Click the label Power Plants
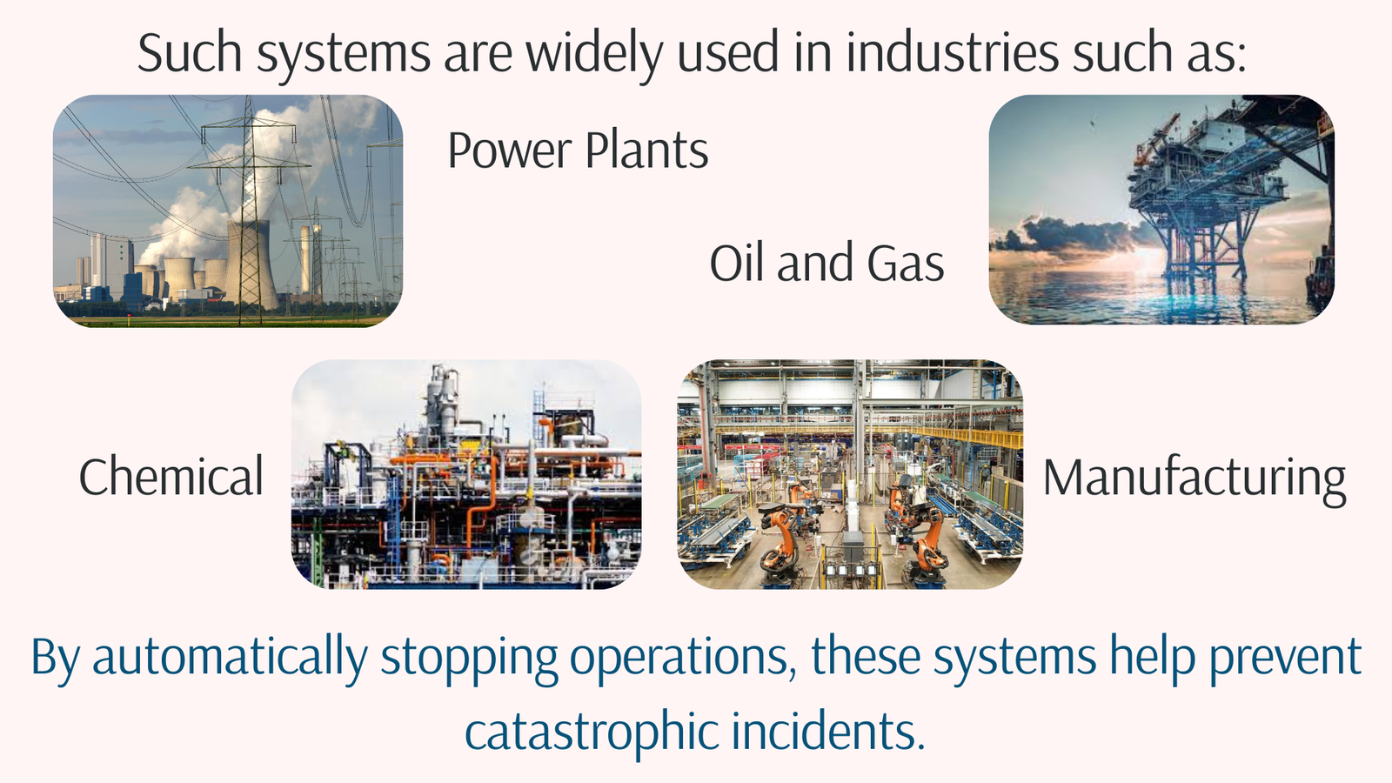click(578, 151)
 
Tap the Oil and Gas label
click(826, 264)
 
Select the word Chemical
click(171, 477)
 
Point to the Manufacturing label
click(1194, 478)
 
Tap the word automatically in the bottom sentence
click(230, 658)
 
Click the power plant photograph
click(228, 211)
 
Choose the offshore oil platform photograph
click(1161, 210)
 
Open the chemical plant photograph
click(466, 474)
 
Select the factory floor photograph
click(850, 474)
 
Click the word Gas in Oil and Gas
click(906, 264)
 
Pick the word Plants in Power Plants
click(646, 151)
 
